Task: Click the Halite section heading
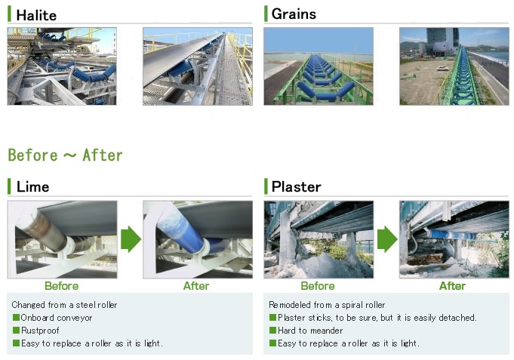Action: pyautogui.click(x=36, y=15)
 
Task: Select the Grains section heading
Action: pyautogui.click(x=294, y=14)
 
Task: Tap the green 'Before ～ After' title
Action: pyautogui.click(x=65, y=155)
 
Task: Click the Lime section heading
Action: pyautogui.click(x=32, y=187)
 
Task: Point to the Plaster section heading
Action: pyautogui.click(x=297, y=187)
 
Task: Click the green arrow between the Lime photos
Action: pyautogui.click(x=131, y=239)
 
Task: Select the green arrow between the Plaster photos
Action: pyautogui.click(x=387, y=239)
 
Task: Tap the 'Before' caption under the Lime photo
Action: pyautogui.click(x=62, y=286)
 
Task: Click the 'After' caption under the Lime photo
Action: pyautogui.click(x=196, y=286)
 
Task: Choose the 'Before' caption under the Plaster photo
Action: pyautogui.click(x=318, y=286)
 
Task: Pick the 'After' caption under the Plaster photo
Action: pyautogui.click(x=452, y=286)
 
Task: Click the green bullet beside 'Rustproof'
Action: pyautogui.click(x=16, y=330)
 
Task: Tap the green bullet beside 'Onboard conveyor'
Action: pyautogui.click(x=16, y=318)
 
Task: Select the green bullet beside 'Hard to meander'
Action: pyautogui.click(x=272, y=330)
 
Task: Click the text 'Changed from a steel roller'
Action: pyautogui.click(x=64, y=305)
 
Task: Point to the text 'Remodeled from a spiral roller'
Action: pyautogui.click(x=327, y=305)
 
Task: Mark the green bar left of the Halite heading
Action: pyautogui.click(x=9, y=14)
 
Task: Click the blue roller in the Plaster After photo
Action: pyautogui.click(x=452, y=235)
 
